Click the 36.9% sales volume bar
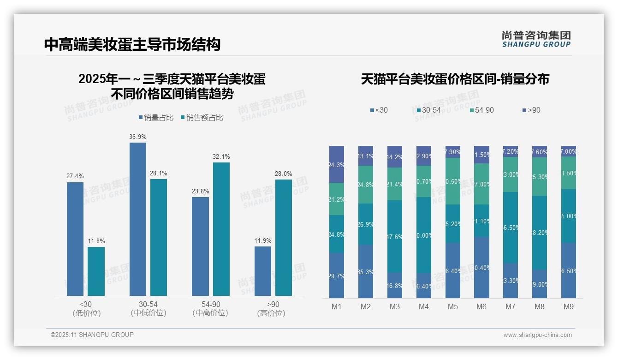coord(138,219)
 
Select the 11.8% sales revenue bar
coord(96,271)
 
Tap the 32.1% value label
coord(221,156)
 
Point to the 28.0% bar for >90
coord(284,237)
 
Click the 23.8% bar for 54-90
coord(200,246)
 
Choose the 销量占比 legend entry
coord(156,118)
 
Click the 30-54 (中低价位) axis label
coord(148,308)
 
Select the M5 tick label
coord(453,306)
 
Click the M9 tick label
coord(569,306)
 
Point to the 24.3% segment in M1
coord(337,164)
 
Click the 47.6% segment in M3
coord(395,236)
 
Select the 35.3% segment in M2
coord(366,271)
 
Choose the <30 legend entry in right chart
coord(379,110)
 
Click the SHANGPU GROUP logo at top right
coord(536,39)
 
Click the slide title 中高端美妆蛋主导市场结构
coord(132,44)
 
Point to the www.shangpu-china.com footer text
coord(537,335)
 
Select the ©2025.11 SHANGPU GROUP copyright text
coord(92,335)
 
